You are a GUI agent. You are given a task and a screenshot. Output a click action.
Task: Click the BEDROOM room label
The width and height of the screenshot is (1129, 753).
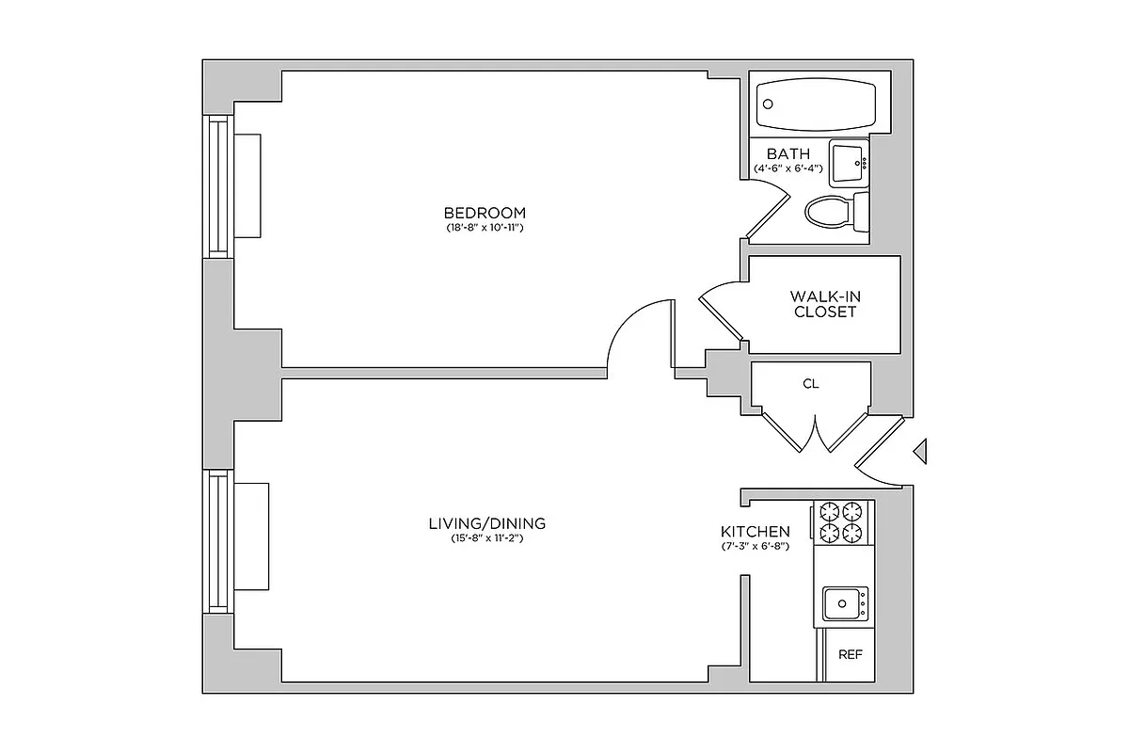485,213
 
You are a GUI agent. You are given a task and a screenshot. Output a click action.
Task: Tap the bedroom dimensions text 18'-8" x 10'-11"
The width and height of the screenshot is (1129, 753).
485,229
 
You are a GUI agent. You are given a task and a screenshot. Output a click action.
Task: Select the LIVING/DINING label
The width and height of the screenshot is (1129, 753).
486,523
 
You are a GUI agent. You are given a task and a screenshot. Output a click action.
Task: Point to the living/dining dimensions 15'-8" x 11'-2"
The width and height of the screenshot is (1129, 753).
486,539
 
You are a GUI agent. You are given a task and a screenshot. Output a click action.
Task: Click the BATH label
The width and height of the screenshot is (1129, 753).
787,153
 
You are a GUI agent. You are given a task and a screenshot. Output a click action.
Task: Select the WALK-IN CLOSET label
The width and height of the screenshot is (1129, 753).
825,304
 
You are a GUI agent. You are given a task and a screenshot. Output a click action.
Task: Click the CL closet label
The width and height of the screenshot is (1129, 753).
811,384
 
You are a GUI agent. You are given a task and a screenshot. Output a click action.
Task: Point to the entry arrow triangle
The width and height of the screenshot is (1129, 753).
921,453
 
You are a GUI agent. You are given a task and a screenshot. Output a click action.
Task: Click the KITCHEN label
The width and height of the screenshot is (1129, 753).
755,532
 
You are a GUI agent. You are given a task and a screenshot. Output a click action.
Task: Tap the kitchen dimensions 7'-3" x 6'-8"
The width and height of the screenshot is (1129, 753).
755,546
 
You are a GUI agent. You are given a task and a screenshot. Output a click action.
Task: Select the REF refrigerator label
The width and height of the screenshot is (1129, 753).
851,655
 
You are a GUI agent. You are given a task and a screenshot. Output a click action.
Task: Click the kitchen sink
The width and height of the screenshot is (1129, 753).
845,602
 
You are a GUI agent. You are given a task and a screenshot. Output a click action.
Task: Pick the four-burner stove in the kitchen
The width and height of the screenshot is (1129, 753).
841,522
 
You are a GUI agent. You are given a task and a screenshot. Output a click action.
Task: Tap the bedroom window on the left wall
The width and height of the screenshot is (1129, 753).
218,185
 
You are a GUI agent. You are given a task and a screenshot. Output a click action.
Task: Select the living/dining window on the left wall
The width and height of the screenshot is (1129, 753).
218,542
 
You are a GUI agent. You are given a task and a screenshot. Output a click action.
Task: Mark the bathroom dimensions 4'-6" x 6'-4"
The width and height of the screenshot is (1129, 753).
788,168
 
